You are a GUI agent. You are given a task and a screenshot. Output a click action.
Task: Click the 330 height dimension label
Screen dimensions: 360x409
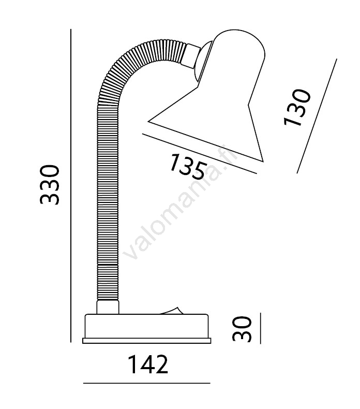pos(50,185)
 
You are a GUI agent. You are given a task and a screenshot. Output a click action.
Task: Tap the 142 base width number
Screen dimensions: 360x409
pos(148,364)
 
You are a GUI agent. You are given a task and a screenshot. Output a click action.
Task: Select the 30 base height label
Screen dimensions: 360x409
pos(242,329)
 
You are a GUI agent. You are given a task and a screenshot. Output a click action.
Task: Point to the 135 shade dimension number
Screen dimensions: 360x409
pos(188,167)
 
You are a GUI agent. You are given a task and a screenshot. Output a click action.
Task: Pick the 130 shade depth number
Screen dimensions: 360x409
pos(297,108)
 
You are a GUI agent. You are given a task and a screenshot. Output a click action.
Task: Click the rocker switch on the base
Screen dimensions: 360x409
pos(171,311)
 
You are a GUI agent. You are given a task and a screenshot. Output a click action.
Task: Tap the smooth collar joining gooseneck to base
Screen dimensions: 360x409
pos(108,307)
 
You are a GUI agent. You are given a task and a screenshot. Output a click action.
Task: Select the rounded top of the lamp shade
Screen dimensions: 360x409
pos(239,45)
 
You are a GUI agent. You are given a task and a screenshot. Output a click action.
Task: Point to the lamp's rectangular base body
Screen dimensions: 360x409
pos(146,326)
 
